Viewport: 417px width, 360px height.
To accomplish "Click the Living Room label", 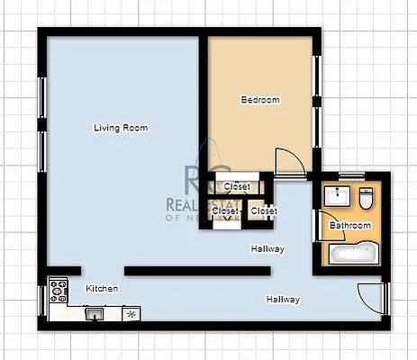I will [x=121, y=128].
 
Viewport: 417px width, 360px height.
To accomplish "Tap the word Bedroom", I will [x=259, y=100].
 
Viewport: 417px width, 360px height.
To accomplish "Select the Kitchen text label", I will [x=101, y=289].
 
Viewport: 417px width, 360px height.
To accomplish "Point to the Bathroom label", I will [x=349, y=225].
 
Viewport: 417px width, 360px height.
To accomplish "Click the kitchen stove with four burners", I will [x=59, y=290].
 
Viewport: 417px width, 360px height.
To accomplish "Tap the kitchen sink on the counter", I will [x=95, y=314].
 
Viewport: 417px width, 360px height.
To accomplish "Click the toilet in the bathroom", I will [x=367, y=195].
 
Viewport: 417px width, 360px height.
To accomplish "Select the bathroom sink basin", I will [x=340, y=195].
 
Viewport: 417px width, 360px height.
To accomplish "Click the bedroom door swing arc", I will [x=290, y=162].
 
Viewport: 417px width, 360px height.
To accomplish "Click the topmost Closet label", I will [x=237, y=187].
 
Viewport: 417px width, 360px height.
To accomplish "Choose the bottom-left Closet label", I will [x=225, y=211].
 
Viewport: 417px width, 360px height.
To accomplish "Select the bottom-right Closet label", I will [x=264, y=211].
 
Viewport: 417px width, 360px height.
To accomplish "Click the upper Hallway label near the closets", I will [x=267, y=249].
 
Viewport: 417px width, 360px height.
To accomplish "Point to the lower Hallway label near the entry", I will [x=283, y=300].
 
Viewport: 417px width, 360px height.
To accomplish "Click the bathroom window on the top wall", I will [x=351, y=174].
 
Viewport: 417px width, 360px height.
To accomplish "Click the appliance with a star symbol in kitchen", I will [x=132, y=314].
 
